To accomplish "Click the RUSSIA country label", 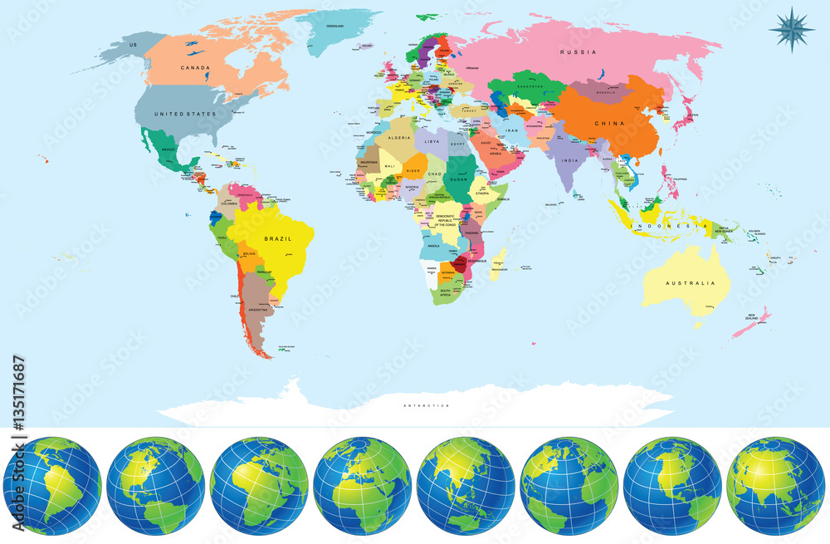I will [x=579, y=52].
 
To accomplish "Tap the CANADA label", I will [x=194, y=68].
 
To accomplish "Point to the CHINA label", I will [x=608, y=124].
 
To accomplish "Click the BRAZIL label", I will [x=278, y=238].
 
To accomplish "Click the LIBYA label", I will [x=432, y=142].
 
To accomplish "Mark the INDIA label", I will [x=569, y=160].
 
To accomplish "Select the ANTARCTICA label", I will [x=426, y=405].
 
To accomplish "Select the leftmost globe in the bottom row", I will [x=51, y=487].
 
